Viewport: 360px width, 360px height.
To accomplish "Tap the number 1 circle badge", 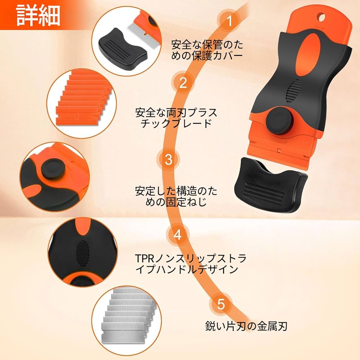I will coord(228,21).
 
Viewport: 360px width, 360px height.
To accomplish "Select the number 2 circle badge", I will coord(183,83).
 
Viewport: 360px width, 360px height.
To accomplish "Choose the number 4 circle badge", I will coord(177,235).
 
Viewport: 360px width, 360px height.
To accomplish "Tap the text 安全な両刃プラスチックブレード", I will coord(176,118).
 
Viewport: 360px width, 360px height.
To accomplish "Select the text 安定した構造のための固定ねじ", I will coord(176,195).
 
